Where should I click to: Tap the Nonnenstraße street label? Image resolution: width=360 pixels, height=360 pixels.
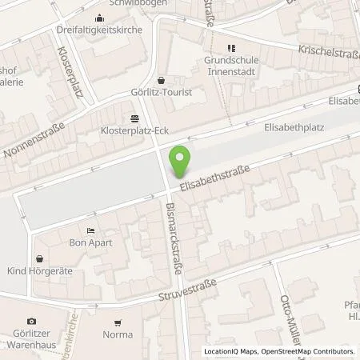coord(31,142)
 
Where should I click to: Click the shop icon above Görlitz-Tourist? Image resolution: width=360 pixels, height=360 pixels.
coord(162,80)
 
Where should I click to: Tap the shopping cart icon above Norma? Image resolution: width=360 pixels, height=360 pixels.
coord(118,323)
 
